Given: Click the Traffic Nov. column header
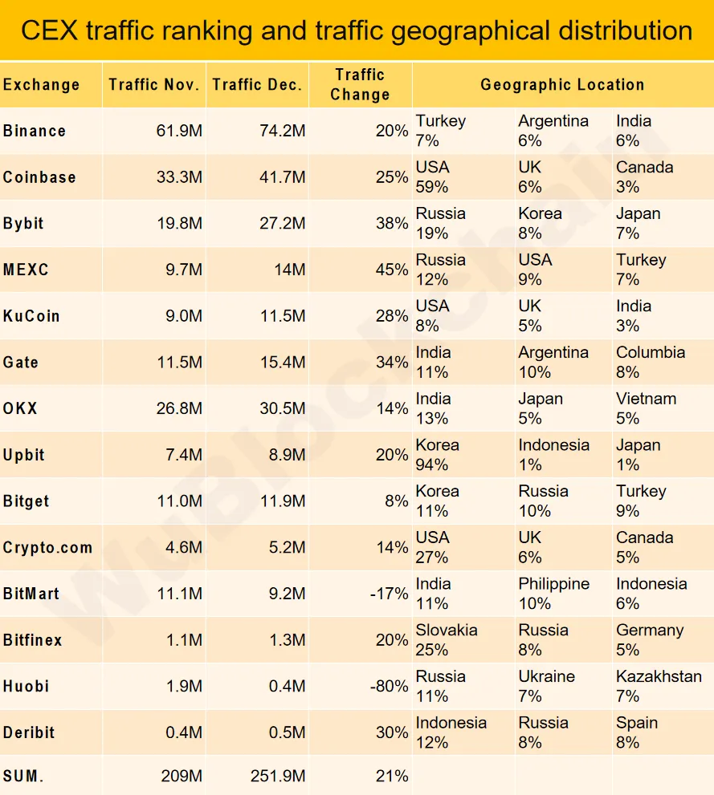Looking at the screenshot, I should pos(153,84).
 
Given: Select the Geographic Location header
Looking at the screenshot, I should pos(562,84).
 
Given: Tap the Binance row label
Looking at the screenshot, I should pos(35,131).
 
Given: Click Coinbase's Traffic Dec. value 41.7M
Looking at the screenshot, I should pos(280,177).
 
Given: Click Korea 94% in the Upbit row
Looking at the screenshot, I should pos(438,455).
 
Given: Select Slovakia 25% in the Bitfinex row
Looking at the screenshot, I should pos(447,639).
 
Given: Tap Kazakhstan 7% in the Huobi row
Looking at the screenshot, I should pos(659,686).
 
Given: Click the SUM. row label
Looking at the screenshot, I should pos(24,776).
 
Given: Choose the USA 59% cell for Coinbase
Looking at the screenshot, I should pos(433,177).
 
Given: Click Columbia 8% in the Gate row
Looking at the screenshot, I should pos(651,362).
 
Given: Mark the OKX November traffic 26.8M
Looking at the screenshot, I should pos(179,408).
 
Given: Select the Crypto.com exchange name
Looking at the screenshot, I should pos(47,548).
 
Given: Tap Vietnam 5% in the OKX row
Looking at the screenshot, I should pos(646,408).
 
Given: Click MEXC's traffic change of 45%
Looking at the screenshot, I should pos(392,270).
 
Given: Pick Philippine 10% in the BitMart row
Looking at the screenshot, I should pos(553,594).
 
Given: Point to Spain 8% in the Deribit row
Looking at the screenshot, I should pos(637,732).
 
